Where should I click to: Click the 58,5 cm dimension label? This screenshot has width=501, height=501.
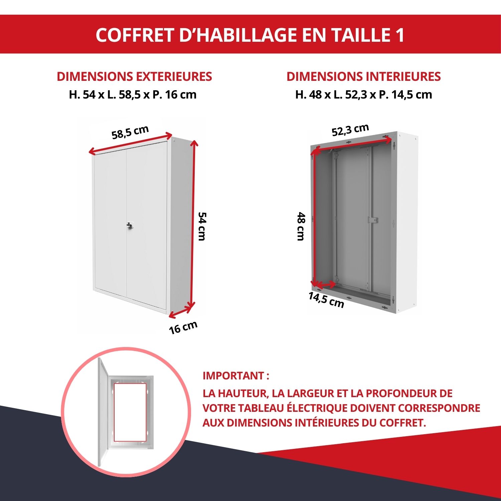[x=130, y=132]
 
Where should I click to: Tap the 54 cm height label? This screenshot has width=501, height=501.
[x=202, y=226]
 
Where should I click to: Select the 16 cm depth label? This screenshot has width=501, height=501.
[x=183, y=327]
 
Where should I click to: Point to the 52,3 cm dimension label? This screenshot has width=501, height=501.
[x=350, y=130]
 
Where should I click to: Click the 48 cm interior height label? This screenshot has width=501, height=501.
[x=301, y=226]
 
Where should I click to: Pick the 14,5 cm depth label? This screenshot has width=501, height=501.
[x=326, y=300]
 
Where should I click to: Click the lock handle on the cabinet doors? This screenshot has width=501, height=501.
[x=130, y=225]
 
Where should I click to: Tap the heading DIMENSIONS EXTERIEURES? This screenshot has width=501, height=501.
[x=134, y=76]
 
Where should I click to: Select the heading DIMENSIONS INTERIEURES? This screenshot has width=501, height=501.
[x=363, y=76]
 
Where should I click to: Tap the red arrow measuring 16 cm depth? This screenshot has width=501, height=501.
[x=181, y=312]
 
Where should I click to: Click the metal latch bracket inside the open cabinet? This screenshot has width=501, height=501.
[x=373, y=220]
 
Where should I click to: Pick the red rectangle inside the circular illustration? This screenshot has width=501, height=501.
[x=130, y=412]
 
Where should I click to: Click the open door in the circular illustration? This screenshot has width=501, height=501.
[x=103, y=412]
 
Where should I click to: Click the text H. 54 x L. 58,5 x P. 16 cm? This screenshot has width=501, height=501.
[x=133, y=95]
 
